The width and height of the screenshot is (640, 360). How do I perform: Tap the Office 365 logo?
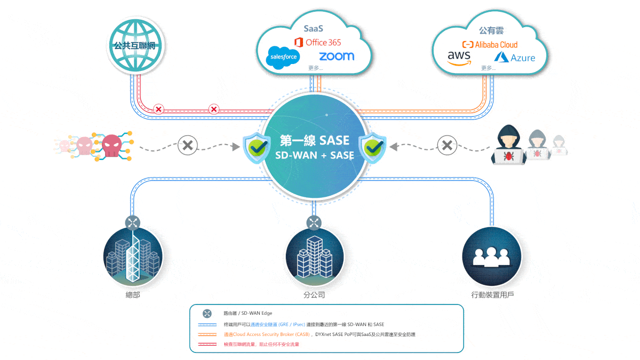(x=317, y=42)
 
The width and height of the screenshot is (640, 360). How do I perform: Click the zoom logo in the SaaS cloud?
(x=337, y=56)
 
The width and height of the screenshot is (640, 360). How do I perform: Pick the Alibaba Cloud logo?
(x=490, y=44)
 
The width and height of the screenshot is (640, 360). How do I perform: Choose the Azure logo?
(x=515, y=58)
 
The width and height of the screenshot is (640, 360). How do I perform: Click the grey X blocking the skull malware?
(x=187, y=145)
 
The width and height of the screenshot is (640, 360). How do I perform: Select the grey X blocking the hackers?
(x=447, y=145)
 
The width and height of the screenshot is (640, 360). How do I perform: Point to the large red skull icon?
(x=111, y=144)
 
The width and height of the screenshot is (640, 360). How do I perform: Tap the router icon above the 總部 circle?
(x=133, y=222)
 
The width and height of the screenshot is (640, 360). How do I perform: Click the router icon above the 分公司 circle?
(x=314, y=222)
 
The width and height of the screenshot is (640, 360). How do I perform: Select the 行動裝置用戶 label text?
(x=492, y=294)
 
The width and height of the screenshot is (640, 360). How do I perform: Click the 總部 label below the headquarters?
(x=132, y=294)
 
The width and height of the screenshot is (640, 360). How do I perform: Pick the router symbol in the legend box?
(x=207, y=314)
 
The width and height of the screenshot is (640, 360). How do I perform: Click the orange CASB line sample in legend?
(x=207, y=334)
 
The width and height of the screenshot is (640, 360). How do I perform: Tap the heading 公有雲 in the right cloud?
(x=491, y=30)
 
